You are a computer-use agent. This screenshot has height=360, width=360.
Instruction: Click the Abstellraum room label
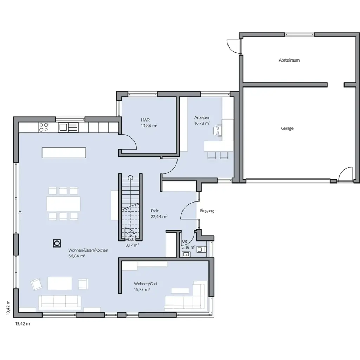(x=289, y=60)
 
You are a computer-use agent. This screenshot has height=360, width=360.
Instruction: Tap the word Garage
(x=287, y=129)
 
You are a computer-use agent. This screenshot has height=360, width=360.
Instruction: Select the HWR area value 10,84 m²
(x=149, y=126)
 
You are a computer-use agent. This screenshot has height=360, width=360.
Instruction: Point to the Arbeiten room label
(x=202, y=117)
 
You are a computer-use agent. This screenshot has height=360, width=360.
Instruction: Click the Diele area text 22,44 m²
(x=159, y=217)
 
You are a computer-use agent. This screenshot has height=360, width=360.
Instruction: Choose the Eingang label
(x=207, y=211)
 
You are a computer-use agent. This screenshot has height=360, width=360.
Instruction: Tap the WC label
(x=185, y=242)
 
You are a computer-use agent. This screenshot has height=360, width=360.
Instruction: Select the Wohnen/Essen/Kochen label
(x=88, y=250)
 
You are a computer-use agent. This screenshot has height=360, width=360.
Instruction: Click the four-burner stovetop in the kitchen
(x=44, y=127)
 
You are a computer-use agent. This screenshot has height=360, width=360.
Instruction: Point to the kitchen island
(x=64, y=153)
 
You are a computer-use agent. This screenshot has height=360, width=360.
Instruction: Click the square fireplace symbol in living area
(x=56, y=243)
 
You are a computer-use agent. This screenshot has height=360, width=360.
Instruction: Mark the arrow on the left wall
(x=20, y=214)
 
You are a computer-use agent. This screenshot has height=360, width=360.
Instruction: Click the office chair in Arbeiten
(x=218, y=129)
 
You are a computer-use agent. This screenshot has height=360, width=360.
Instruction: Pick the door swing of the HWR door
(x=130, y=142)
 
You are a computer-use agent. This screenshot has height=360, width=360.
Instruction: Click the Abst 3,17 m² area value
(x=132, y=245)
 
